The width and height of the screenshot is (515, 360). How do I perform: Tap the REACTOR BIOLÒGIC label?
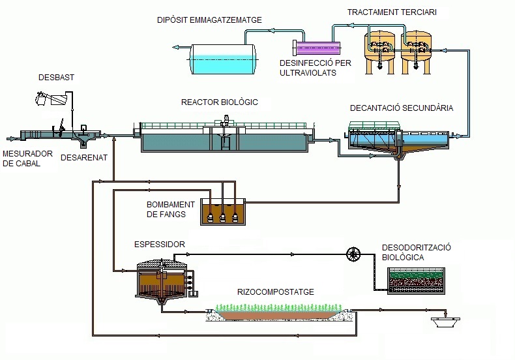pyautogui.click(x=220, y=102)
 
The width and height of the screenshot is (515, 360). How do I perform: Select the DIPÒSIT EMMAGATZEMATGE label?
pyautogui.click(x=209, y=20)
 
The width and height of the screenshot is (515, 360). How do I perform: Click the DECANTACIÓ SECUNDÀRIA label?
pyautogui.click(x=402, y=108)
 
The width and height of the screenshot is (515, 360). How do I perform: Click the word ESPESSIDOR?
pyautogui.click(x=160, y=245)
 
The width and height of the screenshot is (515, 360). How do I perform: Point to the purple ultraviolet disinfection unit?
pyautogui.click(x=318, y=48)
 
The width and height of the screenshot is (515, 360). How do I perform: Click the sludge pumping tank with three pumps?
pyautogui.click(x=223, y=211)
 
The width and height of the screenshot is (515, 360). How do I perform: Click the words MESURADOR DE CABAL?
pyautogui.click(x=22, y=158)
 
